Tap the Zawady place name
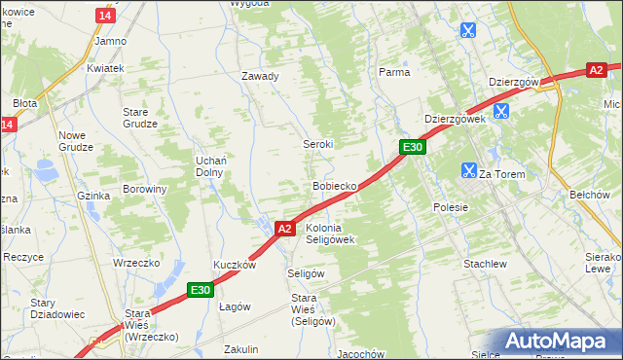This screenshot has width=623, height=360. coord(260,76)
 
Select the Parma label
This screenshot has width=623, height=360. coord(394,72)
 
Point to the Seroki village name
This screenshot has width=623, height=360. coord(317,143)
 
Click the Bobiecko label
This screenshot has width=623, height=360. coord(335,185)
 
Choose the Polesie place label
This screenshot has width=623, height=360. coord(451,207)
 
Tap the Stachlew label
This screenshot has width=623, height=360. coord(485,264)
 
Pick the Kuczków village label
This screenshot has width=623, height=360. coord(235,265)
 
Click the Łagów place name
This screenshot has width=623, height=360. coord(235,306)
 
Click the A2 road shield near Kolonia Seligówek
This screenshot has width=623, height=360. coord(283,229)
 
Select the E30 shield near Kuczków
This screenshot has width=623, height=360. coord(201,289)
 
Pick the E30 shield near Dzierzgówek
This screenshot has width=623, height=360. coord(413,147)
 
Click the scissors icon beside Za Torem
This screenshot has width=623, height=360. coord(468,171)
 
